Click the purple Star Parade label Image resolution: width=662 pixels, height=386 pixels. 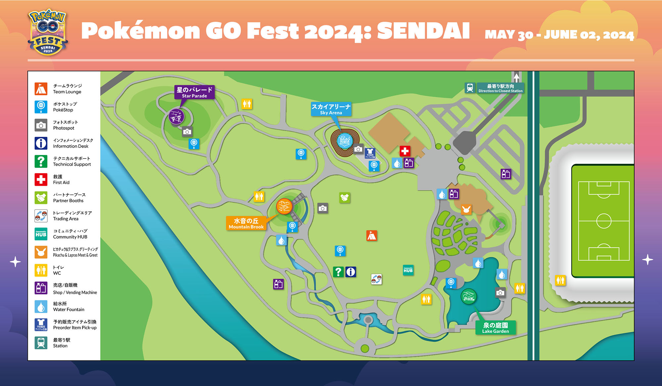[194, 92]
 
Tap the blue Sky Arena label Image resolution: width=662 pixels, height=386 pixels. [331, 109]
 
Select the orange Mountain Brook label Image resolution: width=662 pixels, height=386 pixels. [246, 223]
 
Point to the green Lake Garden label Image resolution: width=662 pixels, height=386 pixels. [496, 328]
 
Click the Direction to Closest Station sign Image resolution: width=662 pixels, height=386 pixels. [500, 88]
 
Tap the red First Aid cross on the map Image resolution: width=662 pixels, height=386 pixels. [404, 151]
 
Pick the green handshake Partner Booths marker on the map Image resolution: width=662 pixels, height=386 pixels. [345, 198]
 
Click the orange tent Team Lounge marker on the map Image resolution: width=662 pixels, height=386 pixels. [371, 235]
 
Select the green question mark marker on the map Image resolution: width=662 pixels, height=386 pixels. [338, 272]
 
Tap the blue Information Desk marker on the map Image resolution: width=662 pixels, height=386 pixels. [351, 272]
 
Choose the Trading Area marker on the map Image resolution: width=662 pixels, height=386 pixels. [376, 279]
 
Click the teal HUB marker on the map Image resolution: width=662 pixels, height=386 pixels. [408, 270]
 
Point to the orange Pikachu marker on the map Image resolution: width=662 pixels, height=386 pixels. [466, 210]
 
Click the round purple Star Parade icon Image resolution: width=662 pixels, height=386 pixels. [176, 117]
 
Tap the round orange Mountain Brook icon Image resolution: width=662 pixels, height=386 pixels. [284, 207]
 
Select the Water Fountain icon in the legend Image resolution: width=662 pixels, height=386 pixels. [41, 307]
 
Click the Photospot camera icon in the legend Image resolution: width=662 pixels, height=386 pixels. [41, 125]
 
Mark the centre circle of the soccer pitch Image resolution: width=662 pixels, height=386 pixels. [603, 221]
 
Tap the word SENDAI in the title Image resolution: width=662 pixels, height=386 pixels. [423, 31]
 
